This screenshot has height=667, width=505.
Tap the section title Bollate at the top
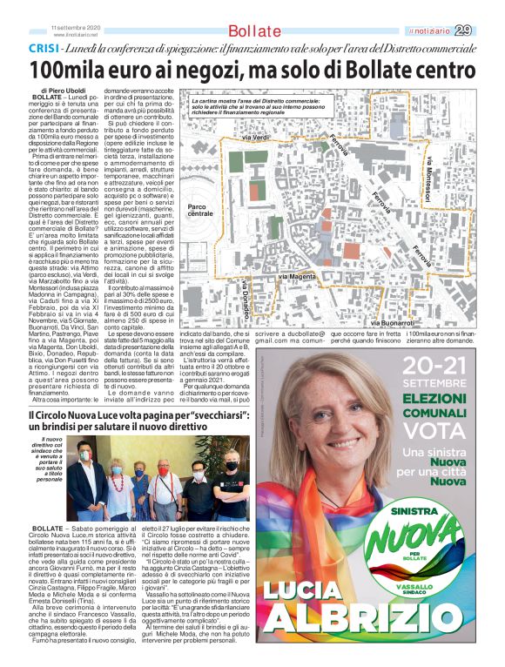pyautogui.click(x=237, y=31)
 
